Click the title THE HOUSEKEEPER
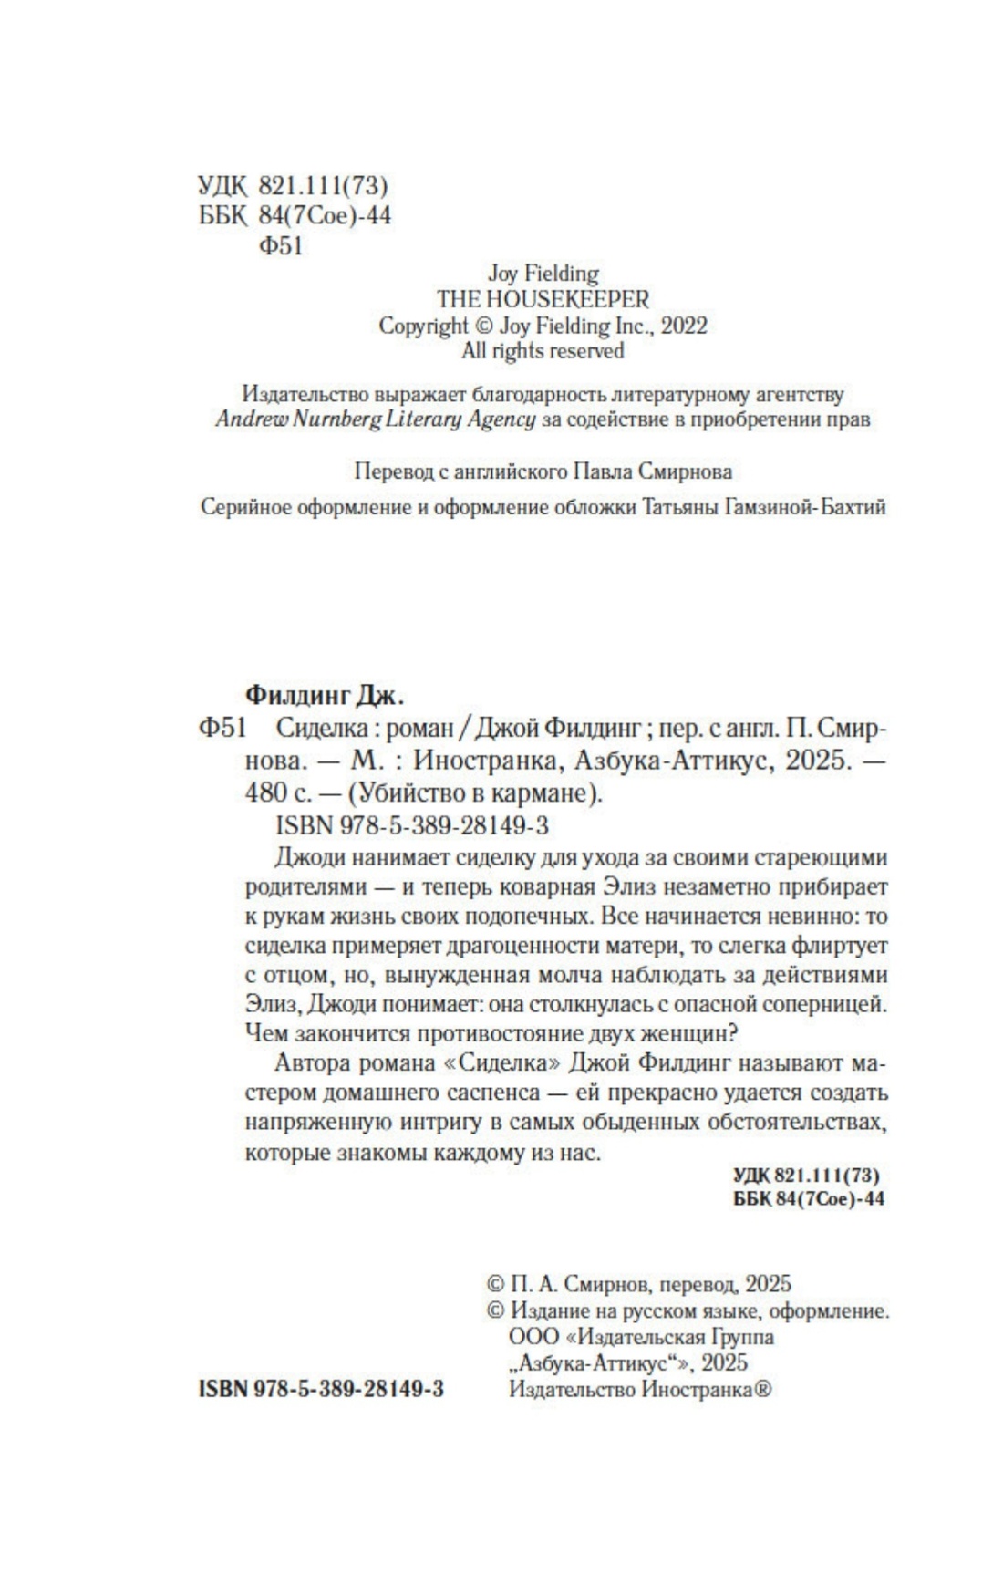[543, 300]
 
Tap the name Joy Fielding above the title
[543, 274]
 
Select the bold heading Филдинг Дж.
[324, 697]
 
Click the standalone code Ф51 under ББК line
[281, 247]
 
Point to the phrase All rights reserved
[543, 351]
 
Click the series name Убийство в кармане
[473, 792]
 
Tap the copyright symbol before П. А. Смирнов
[495, 1285]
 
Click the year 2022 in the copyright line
[683, 326]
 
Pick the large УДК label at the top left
[222, 187]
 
